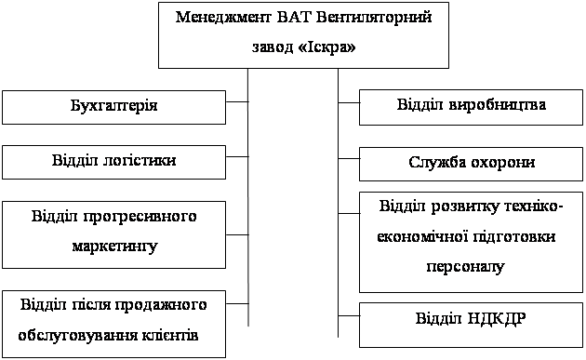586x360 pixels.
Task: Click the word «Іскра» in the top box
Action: [327, 47]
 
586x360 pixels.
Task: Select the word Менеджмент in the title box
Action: [223, 17]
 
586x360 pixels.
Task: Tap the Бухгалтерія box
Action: [114, 107]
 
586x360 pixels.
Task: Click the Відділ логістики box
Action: [114, 162]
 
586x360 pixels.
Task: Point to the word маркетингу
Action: [114, 247]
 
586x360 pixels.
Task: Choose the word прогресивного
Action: [140, 217]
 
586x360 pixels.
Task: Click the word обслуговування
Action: [77, 335]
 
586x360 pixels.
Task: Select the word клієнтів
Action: [170, 335]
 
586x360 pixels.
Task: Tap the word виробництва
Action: [497, 105]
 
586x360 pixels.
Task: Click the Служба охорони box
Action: [471, 164]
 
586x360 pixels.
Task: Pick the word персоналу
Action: [465, 267]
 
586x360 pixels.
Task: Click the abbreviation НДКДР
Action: [497, 319]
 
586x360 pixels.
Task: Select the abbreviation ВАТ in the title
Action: [294, 17]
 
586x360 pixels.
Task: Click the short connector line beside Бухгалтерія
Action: [237, 101]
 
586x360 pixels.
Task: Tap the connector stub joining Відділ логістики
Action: [237, 156]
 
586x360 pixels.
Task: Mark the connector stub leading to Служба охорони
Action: [349, 159]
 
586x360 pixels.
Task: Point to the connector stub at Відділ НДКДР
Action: [349, 316]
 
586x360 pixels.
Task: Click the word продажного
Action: [161, 305]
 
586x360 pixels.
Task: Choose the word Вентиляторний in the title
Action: [374, 17]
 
